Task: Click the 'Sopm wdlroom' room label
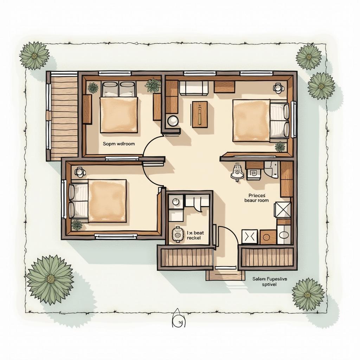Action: coord(118,144)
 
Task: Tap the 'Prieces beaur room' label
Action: coord(256,198)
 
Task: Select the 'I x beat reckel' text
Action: coord(194,235)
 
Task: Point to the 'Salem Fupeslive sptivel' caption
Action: coord(269,281)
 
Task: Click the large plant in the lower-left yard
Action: coord(50,279)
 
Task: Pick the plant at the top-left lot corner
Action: coord(34,56)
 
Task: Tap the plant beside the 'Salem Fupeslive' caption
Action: coord(308,294)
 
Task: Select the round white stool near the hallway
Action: coord(173,121)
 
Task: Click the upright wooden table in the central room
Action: coord(200,114)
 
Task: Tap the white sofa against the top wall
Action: coord(194,88)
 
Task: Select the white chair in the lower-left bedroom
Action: coord(80,172)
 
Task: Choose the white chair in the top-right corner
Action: coord(278,87)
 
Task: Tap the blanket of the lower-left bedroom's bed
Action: coord(107,201)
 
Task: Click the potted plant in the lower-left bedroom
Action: coord(77,225)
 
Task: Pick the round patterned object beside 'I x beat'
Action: coord(178,234)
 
